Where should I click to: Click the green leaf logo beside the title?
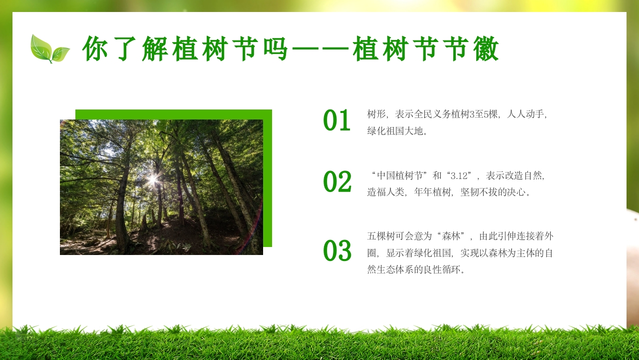coord(49,49)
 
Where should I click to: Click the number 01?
coord(337,121)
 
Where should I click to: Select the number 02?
coord(337,182)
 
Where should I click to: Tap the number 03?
coord(337,251)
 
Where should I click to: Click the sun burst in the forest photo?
coord(152,178)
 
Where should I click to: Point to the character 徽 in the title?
coord(486,49)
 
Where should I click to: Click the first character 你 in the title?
coord(96,49)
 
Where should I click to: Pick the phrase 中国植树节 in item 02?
coord(401,175)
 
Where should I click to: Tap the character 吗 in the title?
coord(275,49)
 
